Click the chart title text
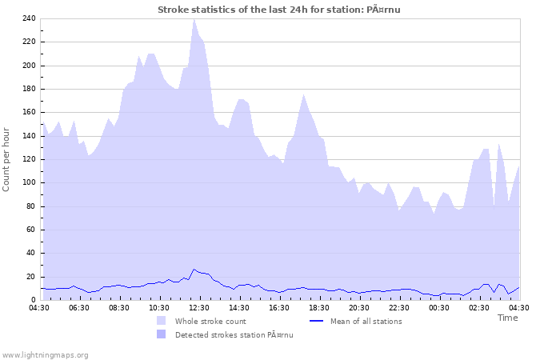278,10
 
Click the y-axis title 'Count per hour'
7,158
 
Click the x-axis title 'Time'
507,318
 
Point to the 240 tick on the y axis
28,18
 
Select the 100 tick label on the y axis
28,182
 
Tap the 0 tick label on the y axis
33,300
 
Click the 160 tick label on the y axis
28,112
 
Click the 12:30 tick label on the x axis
198,308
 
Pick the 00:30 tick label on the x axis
439,308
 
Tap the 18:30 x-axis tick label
319,308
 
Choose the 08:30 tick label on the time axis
118,308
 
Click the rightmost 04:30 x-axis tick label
519,308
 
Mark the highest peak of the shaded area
194,19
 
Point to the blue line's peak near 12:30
194,270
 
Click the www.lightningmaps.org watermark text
45,354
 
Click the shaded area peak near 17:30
303,95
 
